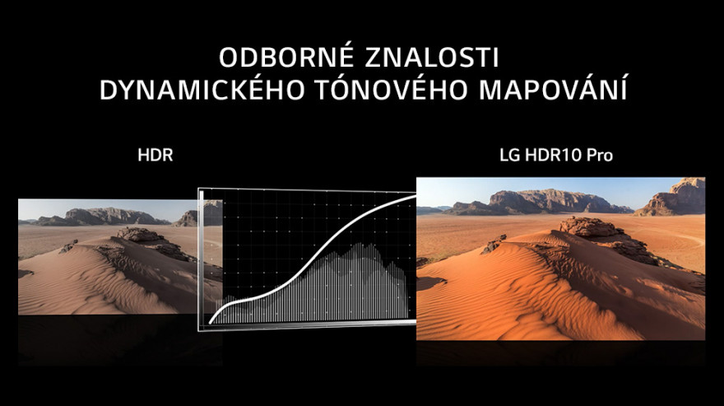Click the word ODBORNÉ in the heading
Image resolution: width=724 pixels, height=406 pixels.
[287, 58]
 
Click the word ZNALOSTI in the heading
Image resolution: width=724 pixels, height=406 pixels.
[432, 58]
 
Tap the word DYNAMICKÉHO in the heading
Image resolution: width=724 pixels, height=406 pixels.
[202, 89]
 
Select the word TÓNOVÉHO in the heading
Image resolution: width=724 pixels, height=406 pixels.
[392, 89]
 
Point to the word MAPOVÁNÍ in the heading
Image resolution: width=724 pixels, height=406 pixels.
[553, 89]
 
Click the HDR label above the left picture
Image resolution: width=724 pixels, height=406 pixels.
[155, 156]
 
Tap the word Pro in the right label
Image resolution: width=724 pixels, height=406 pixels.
[599, 156]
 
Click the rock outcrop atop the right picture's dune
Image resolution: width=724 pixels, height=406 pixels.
[589, 226]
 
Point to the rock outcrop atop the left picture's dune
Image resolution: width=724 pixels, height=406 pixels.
[140, 234]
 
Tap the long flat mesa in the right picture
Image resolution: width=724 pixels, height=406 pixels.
[541, 202]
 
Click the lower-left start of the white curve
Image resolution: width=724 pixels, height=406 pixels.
[211, 322]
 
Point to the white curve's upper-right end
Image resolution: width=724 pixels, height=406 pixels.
[414, 196]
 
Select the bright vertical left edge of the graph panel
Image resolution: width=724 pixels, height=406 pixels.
[202, 259]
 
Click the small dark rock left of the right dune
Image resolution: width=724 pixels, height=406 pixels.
[493, 245]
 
